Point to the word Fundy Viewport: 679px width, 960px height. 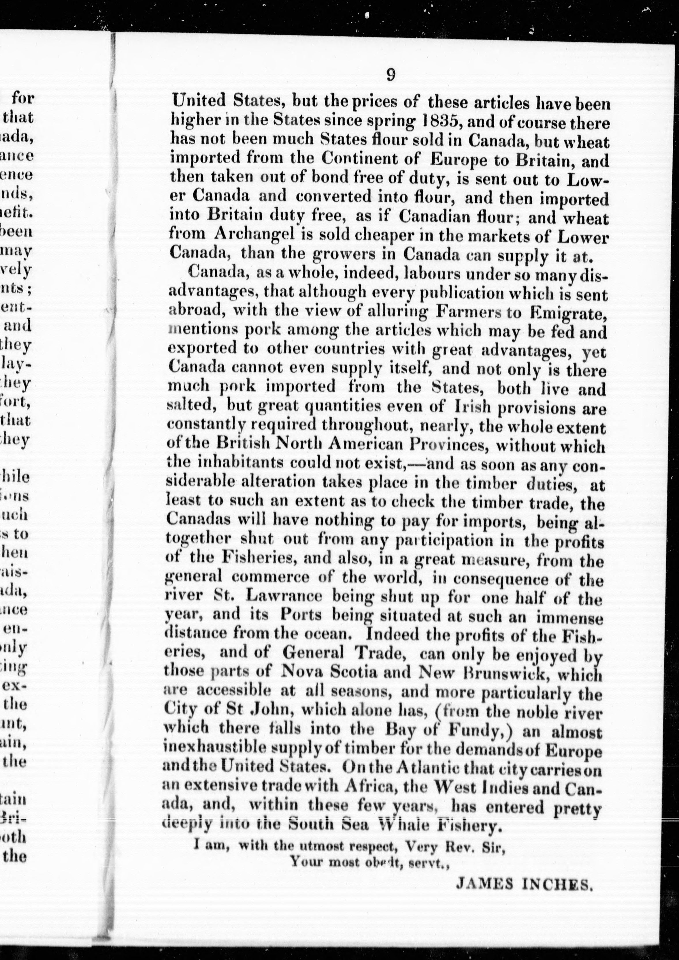click(x=481, y=731)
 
